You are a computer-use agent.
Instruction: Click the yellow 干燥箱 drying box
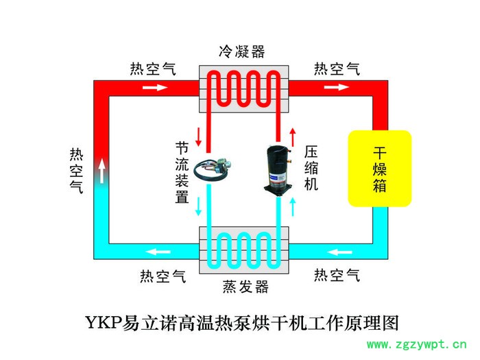tap(379, 168)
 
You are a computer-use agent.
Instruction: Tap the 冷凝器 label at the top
tap(241, 52)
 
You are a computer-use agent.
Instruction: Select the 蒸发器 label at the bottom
tap(245, 287)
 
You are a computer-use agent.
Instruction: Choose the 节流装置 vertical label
tap(182, 172)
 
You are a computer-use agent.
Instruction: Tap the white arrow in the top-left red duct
tap(155, 88)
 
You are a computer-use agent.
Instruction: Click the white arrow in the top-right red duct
tap(336, 88)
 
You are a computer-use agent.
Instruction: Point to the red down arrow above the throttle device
tap(199, 136)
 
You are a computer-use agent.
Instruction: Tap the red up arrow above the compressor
tap(293, 136)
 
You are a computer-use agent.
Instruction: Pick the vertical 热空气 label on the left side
tap(76, 169)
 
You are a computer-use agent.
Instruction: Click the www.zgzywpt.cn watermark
tap(418, 344)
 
